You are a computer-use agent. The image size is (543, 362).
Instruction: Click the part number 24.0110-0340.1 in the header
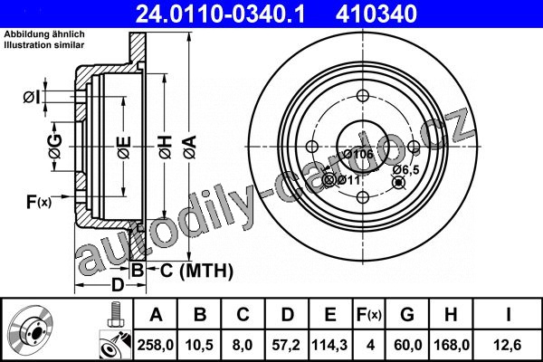221,14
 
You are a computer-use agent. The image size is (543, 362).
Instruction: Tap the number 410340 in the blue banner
376,14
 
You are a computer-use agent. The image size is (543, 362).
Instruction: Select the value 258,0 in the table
156,345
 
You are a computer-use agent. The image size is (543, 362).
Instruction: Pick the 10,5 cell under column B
199,345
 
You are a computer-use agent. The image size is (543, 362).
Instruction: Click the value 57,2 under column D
286,345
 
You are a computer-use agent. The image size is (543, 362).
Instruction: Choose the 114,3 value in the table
329,345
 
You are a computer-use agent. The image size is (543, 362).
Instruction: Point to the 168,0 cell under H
452,345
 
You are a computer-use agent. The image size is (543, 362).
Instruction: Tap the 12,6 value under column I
508,345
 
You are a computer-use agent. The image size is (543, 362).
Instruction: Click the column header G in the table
407,315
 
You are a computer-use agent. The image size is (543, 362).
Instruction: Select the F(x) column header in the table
369,315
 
